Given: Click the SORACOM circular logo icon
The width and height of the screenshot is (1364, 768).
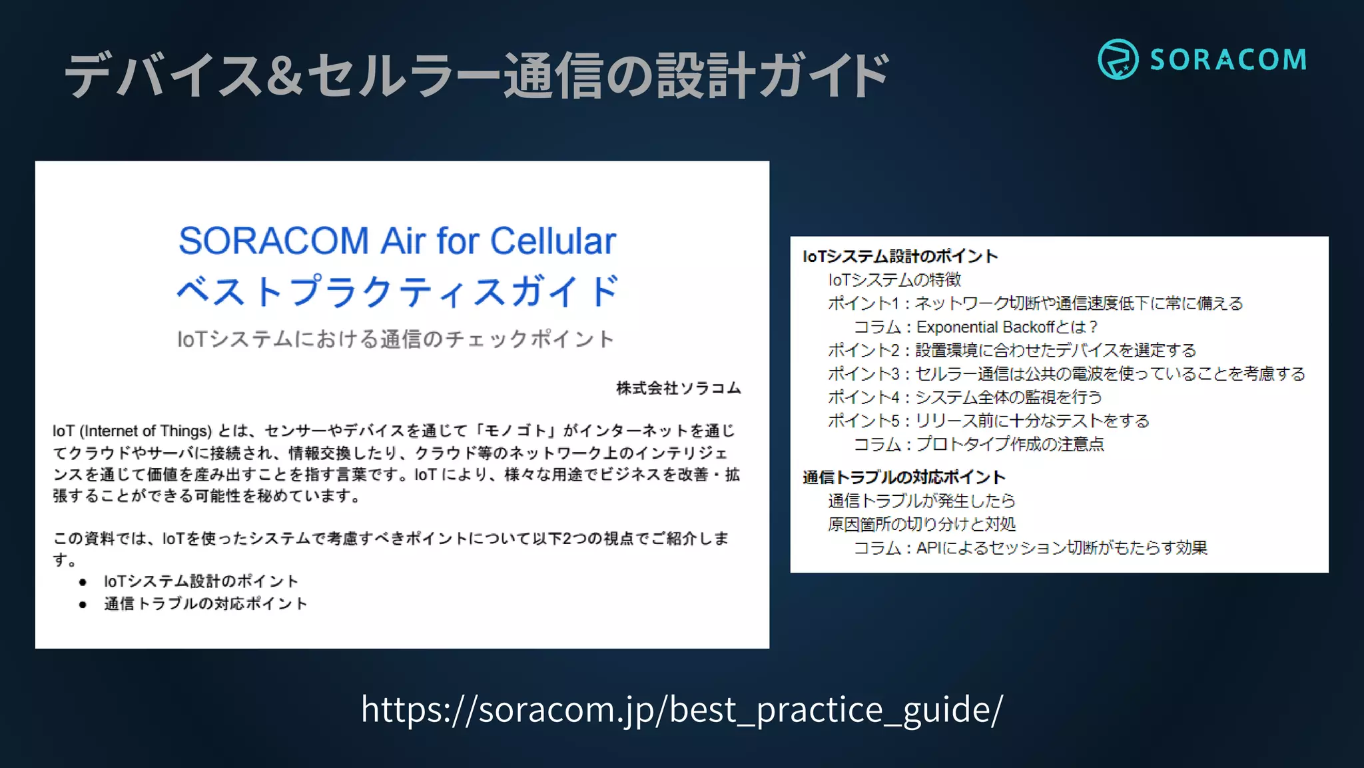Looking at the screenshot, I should click(1118, 59).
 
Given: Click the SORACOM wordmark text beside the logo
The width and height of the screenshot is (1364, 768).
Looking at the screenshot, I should click(1228, 60).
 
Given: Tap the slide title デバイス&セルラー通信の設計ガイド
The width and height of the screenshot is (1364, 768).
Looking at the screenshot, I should click(476, 75).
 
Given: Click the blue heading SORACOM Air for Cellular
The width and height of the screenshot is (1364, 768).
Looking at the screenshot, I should click(397, 241).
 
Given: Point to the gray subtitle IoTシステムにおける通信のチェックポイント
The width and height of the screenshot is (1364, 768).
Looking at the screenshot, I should click(395, 339).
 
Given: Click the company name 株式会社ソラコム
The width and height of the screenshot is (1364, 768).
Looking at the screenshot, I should click(678, 388).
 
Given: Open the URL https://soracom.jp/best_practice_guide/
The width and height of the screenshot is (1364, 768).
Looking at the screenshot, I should click(681, 709).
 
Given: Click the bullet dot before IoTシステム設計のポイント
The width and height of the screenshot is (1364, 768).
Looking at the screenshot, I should click(83, 582).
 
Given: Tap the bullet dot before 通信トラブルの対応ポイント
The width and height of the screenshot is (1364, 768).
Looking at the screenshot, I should click(83, 605).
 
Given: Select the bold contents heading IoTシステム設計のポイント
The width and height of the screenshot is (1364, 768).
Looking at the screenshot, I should click(900, 256).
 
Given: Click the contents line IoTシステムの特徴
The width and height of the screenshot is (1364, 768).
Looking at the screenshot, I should click(894, 280).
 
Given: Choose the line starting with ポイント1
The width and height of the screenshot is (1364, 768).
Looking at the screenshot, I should click(1035, 303).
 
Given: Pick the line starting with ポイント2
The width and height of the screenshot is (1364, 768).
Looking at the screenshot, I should click(1012, 350).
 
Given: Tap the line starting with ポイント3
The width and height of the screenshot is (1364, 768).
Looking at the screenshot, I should click(1066, 373).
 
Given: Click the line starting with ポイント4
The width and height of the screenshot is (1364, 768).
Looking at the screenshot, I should click(964, 397).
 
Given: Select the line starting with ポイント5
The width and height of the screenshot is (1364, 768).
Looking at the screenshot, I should click(988, 421).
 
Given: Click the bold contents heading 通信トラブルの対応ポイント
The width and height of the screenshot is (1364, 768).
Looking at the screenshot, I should click(904, 477).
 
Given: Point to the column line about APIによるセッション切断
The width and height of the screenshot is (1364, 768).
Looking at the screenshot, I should click(1030, 548).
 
